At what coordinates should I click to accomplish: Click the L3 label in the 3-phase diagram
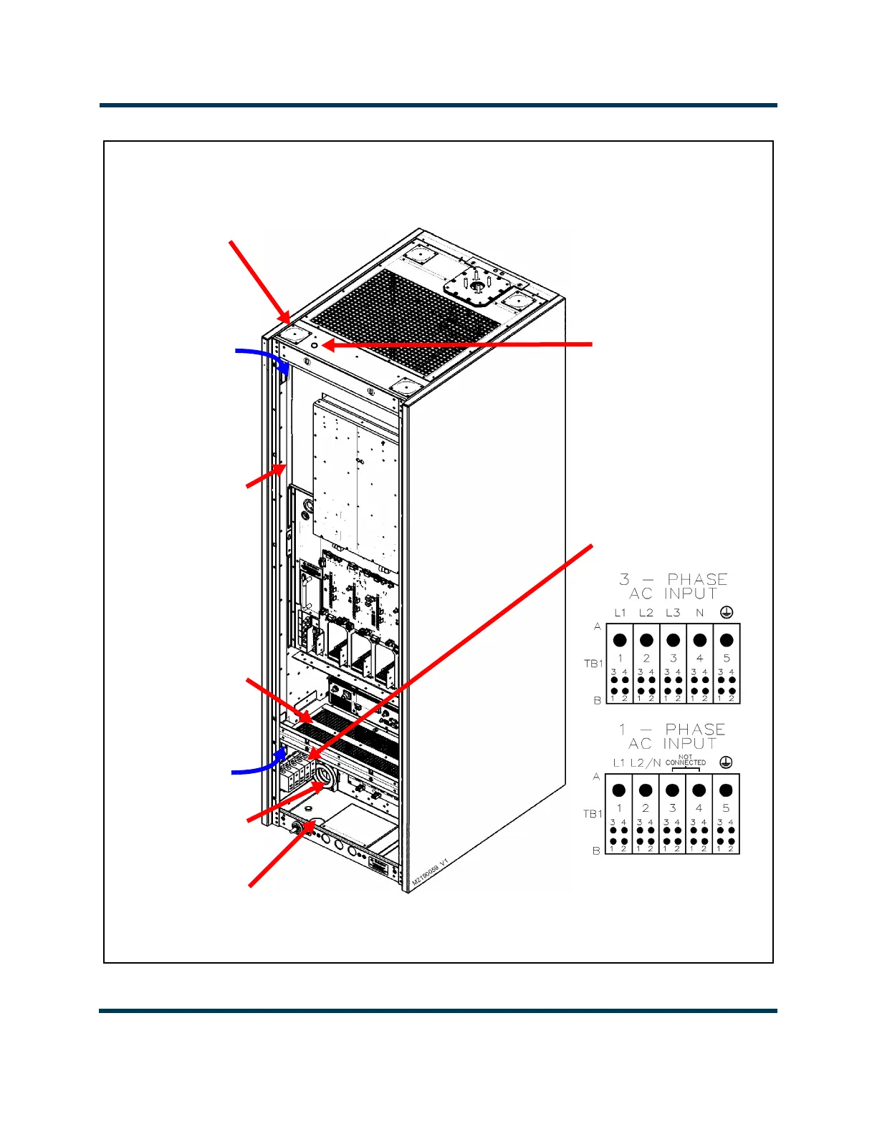click(673, 613)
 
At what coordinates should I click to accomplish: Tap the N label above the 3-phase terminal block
click(700, 613)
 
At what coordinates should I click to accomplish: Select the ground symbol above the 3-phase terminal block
click(727, 612)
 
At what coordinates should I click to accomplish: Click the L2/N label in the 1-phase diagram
click(646, 763)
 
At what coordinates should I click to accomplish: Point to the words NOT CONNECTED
click(686, 760)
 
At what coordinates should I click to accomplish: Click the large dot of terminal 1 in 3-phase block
click(620, 640)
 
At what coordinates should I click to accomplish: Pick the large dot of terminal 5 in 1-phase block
click(726, 790)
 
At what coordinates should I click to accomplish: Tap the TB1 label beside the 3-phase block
click(593, 664)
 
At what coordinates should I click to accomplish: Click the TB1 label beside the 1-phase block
click(593, 814)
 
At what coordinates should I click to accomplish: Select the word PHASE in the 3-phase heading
click(697, 579)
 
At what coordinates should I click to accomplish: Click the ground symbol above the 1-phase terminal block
click(726, 762)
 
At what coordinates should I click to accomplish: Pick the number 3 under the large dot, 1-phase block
click(672, 808)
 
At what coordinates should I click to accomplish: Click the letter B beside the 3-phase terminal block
click(597, 700)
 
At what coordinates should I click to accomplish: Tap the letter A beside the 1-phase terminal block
click(596, 777)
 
